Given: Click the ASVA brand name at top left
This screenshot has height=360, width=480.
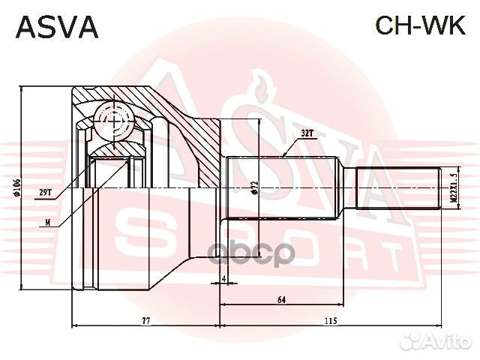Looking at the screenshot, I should pos(57,26).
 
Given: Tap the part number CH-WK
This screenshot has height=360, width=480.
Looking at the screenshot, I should pos(419,26).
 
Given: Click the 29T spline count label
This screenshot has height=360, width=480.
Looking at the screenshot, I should pos(45,193).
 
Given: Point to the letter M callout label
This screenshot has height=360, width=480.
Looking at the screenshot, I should pos(48,222).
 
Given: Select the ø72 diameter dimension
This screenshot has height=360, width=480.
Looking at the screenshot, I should pos(255,187).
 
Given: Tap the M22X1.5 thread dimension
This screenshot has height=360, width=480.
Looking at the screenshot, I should pos(453,187).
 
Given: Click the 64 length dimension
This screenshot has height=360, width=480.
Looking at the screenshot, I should pos(282,299).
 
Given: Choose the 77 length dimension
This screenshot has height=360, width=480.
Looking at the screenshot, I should pos(145,320).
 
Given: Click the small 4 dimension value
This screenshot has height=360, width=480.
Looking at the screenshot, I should pos(223,279).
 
